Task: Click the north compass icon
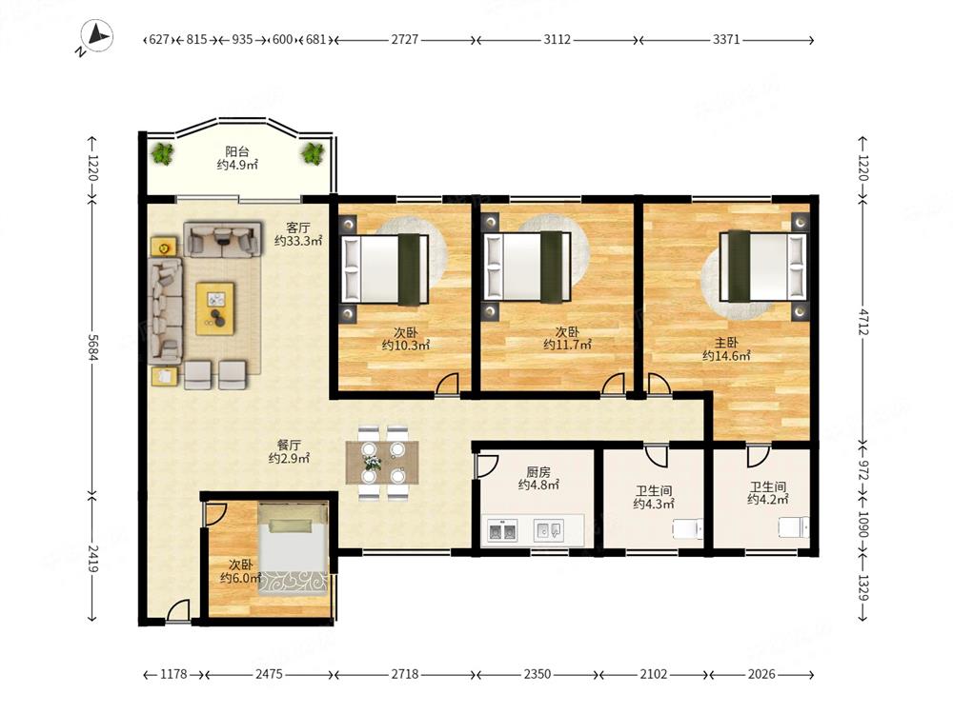(97, 36)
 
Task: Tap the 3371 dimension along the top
(726, 39)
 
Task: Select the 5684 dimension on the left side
(92, 347)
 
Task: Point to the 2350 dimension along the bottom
(537, 674)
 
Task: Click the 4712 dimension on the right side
(863, 322)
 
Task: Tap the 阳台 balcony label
(237, 151)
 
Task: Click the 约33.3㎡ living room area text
(297, 241)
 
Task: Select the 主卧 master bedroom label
(726, 343)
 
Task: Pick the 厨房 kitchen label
(538, 472)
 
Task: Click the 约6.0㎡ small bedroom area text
(241, 578)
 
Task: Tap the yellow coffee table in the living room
(215, 308)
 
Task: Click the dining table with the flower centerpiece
(382, 463)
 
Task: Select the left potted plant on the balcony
(162, 153)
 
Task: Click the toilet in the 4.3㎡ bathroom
(688, 528)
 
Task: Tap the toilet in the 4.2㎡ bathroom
(795, 527)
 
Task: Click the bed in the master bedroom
(764, 266)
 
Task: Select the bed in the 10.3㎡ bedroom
(385, 269)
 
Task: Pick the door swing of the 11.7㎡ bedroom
(613, 384)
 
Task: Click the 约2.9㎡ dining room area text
(290, 459)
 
